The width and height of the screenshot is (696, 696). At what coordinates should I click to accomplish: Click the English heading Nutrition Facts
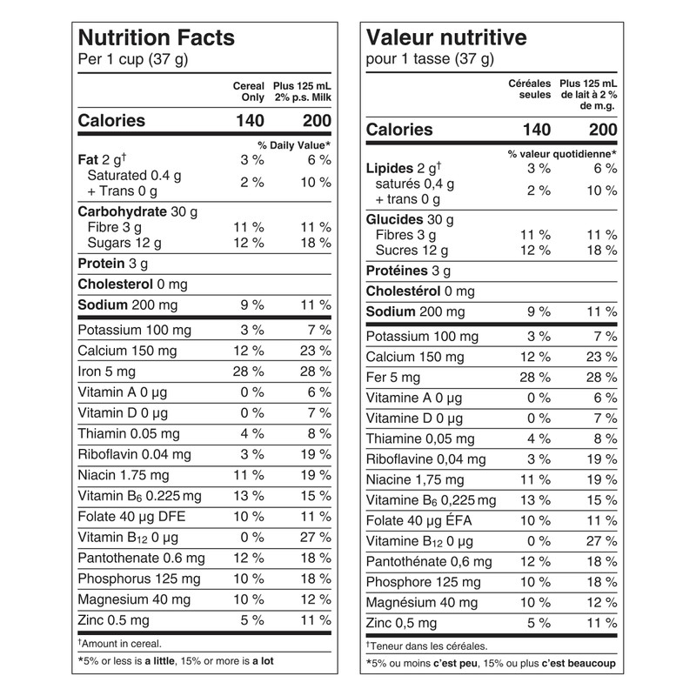(157, 38)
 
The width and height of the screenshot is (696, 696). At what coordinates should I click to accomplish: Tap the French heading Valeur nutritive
(446, 38)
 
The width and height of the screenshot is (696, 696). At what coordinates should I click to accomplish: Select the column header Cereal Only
(249, 92)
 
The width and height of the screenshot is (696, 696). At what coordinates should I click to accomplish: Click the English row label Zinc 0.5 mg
(114, 620)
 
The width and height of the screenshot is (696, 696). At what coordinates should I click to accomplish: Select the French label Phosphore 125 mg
(423, 582)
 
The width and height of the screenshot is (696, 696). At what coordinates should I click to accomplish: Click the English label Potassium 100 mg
(132, 330)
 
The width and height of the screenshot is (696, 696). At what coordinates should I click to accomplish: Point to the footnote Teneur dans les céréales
(426, 646)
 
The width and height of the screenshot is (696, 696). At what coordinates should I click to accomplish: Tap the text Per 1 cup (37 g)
(133, 60)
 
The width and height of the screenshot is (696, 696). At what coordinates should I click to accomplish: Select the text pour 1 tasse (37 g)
(430, 60)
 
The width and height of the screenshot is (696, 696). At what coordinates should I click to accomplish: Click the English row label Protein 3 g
(112, 264)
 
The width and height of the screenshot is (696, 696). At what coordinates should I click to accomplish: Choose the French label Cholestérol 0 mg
(420, 291)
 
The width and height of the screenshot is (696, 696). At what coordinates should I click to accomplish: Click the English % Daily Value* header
(293, 144)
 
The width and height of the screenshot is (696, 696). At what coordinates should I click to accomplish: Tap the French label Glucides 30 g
(410, 220)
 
